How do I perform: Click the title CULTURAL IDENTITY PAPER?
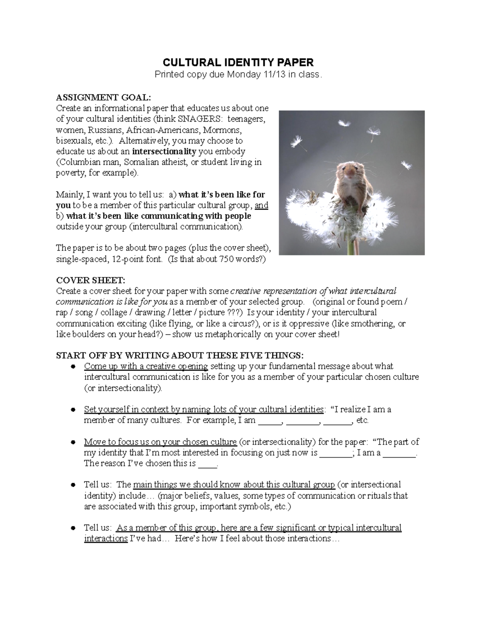coord(238,62)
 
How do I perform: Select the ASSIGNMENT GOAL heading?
coord(104,97)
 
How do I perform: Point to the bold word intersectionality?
coord(164,151)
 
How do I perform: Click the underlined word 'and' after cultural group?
coord(261,205)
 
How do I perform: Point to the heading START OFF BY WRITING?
coord(180,355)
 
